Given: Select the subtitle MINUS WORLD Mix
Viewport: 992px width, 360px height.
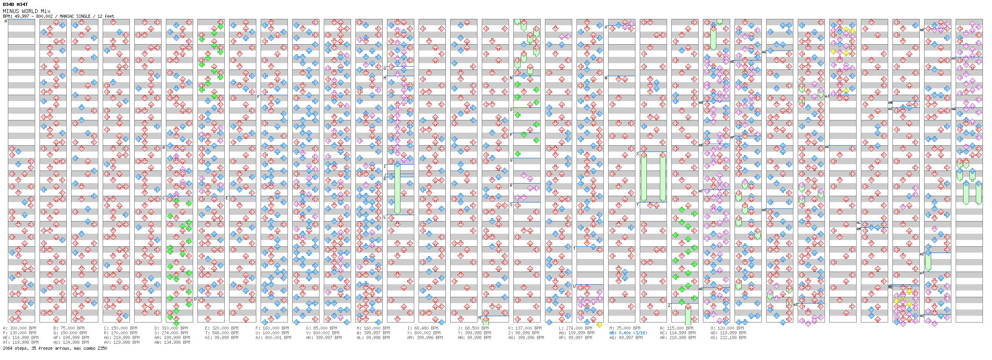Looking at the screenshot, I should coord(26,11).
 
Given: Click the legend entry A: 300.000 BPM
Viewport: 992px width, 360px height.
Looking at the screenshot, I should coord(19,328).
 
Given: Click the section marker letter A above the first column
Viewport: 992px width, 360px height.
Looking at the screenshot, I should coord(6,21).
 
